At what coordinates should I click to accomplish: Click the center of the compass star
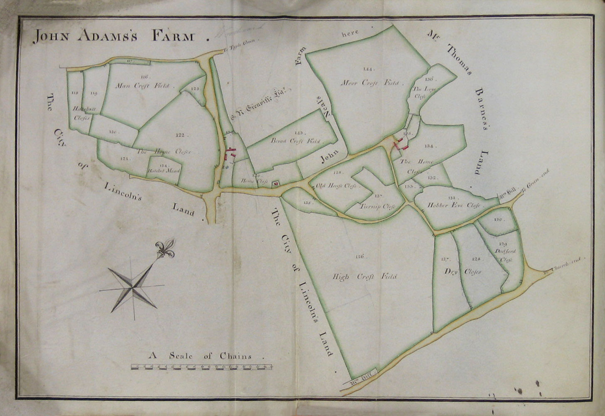133,287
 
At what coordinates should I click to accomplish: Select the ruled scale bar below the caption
202,367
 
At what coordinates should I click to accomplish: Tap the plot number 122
180,135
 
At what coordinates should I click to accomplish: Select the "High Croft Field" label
365,277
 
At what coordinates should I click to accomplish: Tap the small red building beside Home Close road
274,183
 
